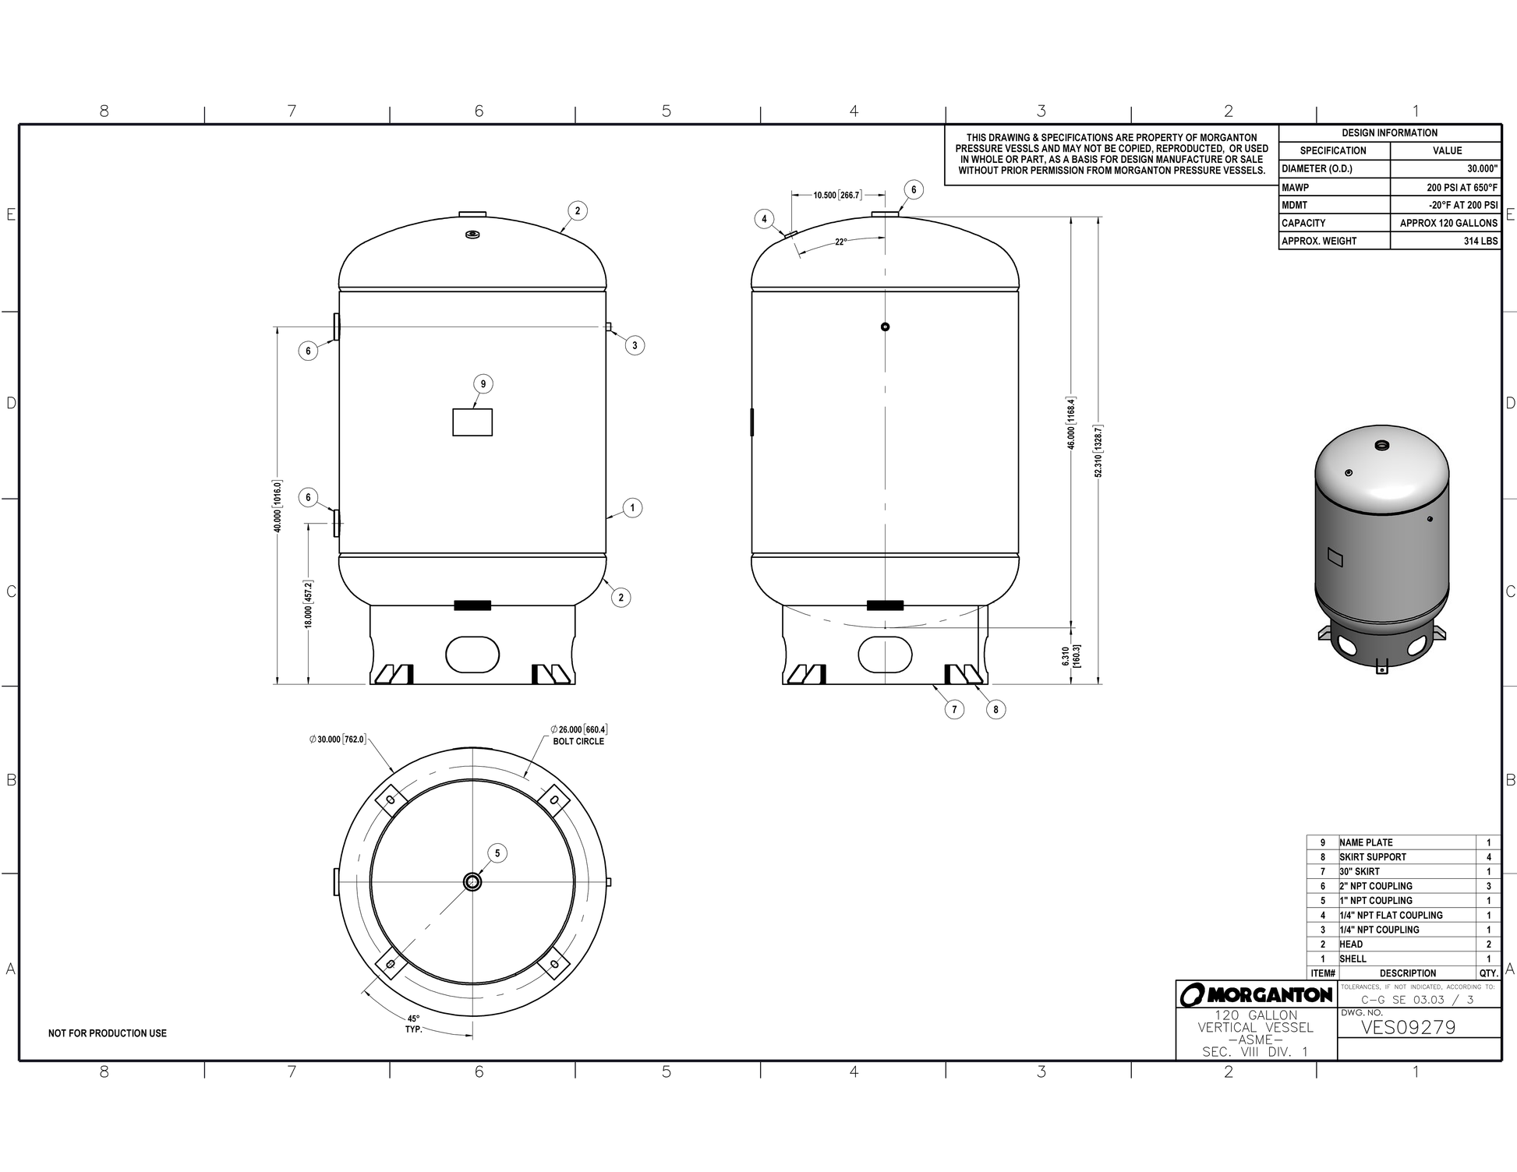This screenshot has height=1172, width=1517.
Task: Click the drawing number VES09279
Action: tap(1408, 1027)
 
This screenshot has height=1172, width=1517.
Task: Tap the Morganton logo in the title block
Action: tap(1256, 994)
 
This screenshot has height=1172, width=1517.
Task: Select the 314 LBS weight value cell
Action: tap(1480, 241)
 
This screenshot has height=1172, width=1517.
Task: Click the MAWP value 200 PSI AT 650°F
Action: tap(1462, 187)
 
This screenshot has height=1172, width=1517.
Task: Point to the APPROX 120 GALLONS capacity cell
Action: tap(1448, 223)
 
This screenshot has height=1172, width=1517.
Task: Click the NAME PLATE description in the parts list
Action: tap(1366, 842)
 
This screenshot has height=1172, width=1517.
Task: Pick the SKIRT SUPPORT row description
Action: tap(1373, 857)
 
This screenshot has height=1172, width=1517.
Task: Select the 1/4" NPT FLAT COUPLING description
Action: tap(1391, 915)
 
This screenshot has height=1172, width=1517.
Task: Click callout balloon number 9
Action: tap(483, 383)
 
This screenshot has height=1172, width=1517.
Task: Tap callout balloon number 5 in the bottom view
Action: tap(497, 853)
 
